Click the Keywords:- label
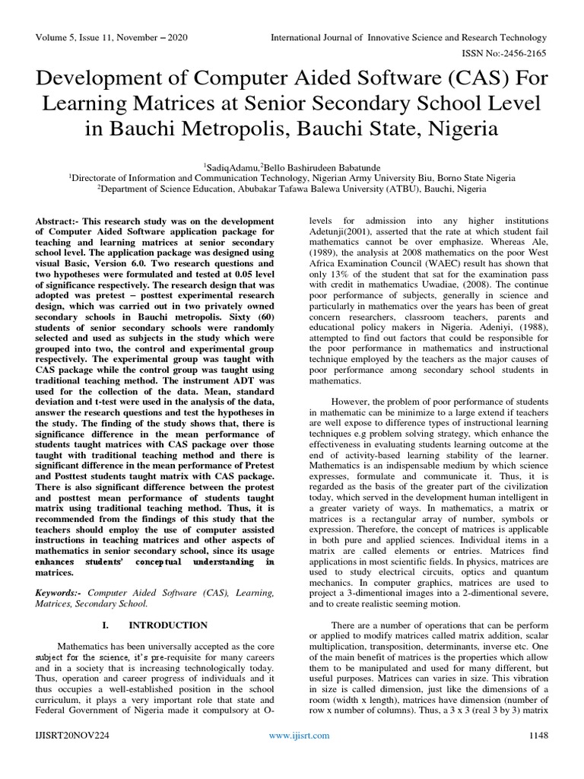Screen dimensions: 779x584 (x=59, y=592)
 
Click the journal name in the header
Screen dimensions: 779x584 (x=409, y=37)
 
